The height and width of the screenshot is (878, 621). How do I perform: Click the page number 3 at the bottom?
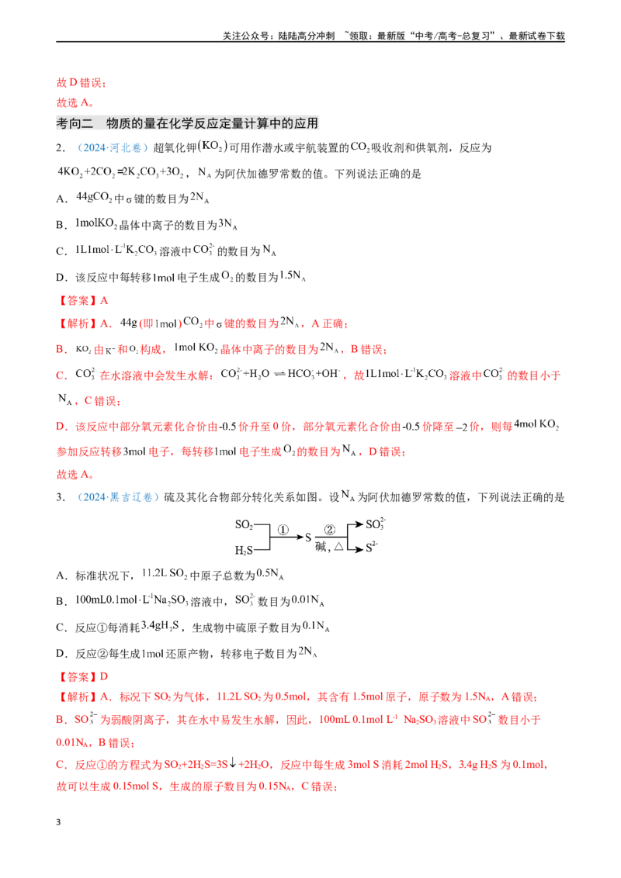click(58, 822)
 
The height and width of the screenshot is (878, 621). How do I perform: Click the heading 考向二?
click(75, 123)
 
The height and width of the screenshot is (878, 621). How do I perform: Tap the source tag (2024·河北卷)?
click(112, 148)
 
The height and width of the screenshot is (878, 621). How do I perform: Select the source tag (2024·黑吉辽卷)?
click(118, 497)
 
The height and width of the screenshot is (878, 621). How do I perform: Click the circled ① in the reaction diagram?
click(283, 530)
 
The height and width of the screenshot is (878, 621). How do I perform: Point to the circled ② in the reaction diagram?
click(330, 530)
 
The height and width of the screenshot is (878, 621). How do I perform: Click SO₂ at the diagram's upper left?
click(244, 524)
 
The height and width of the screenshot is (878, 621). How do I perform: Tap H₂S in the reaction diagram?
click(244, 551)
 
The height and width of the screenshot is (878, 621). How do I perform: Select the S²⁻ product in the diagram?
click(372, 547)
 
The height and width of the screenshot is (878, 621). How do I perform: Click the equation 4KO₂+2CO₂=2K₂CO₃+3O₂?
click(120, 172)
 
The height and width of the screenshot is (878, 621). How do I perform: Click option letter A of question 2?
click(61, 199)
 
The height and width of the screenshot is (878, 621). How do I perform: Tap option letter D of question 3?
click(61, 654)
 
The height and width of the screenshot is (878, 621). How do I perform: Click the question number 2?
click(61, 148)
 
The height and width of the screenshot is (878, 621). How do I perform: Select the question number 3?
click(61, 497)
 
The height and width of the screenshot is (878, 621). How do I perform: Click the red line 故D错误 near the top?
click(82, 83)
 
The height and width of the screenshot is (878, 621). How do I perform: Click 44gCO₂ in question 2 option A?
click(94, 197)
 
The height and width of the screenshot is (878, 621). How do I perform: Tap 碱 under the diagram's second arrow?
click(321, 547)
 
